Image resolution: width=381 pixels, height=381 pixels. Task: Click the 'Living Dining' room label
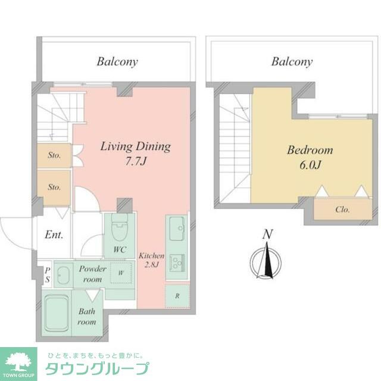click(135, 146)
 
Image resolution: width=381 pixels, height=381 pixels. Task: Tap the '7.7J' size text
click(135, 161)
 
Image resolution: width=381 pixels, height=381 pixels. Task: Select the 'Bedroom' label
click(310, 150)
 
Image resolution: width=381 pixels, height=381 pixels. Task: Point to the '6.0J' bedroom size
click(310, 165)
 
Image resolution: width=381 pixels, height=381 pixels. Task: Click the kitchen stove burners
click(177, 263)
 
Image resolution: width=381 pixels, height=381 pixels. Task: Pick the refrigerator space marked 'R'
click(177, 295)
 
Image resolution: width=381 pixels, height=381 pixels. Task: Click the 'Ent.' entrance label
click(54, 234)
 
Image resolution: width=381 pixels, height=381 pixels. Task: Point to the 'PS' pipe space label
click(47, 274)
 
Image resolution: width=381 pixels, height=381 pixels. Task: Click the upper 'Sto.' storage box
click(54, 156)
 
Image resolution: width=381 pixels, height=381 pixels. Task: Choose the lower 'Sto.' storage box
click(54, 186)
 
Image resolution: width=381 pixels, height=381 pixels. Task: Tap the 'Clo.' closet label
click(342, 210)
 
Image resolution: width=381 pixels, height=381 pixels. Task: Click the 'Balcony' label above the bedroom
click(292, 61)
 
